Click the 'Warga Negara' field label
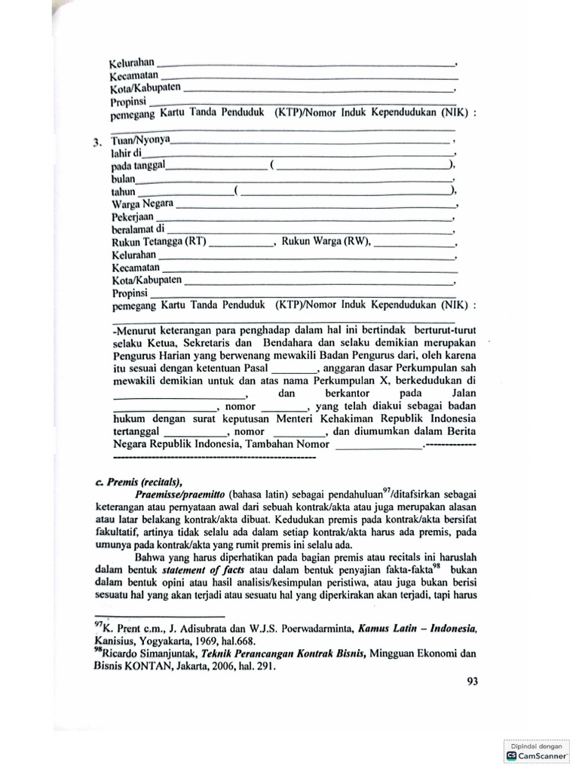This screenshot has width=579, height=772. tap(142, 204)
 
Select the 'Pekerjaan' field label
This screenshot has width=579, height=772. tap(133, 216)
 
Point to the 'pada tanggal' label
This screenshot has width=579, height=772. tap(138, 165)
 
